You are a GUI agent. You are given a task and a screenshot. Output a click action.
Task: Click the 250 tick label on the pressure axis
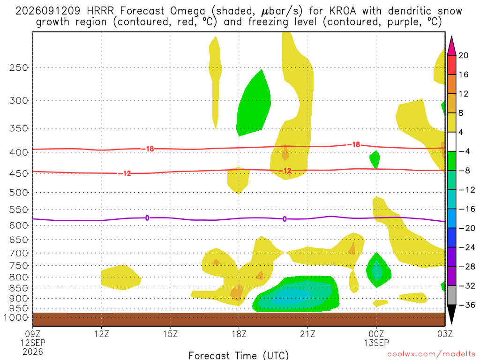(19, 67)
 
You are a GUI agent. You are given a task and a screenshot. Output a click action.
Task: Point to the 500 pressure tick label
(19, 193)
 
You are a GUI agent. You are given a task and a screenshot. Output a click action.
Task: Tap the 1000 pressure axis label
(16, 317)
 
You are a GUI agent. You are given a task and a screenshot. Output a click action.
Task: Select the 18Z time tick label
(239, 334)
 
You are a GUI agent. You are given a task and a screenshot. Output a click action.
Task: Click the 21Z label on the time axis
(307, 334)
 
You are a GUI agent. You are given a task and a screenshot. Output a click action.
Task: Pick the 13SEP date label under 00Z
(376, 343)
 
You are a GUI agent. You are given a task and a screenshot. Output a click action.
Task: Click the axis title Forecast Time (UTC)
(239, 355)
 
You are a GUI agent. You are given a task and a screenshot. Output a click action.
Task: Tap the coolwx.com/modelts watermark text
(431, 354)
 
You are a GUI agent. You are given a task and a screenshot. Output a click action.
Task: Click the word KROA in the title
(343, 11)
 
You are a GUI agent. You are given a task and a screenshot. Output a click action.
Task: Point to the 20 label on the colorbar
(463, 55)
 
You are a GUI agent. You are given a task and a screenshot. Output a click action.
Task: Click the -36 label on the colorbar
(467, 305)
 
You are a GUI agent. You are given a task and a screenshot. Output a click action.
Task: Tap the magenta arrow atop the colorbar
(451, 46)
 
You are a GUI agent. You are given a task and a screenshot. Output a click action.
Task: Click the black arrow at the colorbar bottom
(451, 314)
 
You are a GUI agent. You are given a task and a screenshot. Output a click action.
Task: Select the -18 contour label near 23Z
(354, 144)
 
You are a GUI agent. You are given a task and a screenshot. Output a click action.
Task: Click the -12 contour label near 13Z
(125, 174)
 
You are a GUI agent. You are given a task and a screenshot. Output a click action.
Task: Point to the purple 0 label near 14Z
(147, 218)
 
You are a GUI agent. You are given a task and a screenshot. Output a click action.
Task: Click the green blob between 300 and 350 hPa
(254, 104)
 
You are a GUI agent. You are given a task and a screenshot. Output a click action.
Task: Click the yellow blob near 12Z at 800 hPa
(121, 277)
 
